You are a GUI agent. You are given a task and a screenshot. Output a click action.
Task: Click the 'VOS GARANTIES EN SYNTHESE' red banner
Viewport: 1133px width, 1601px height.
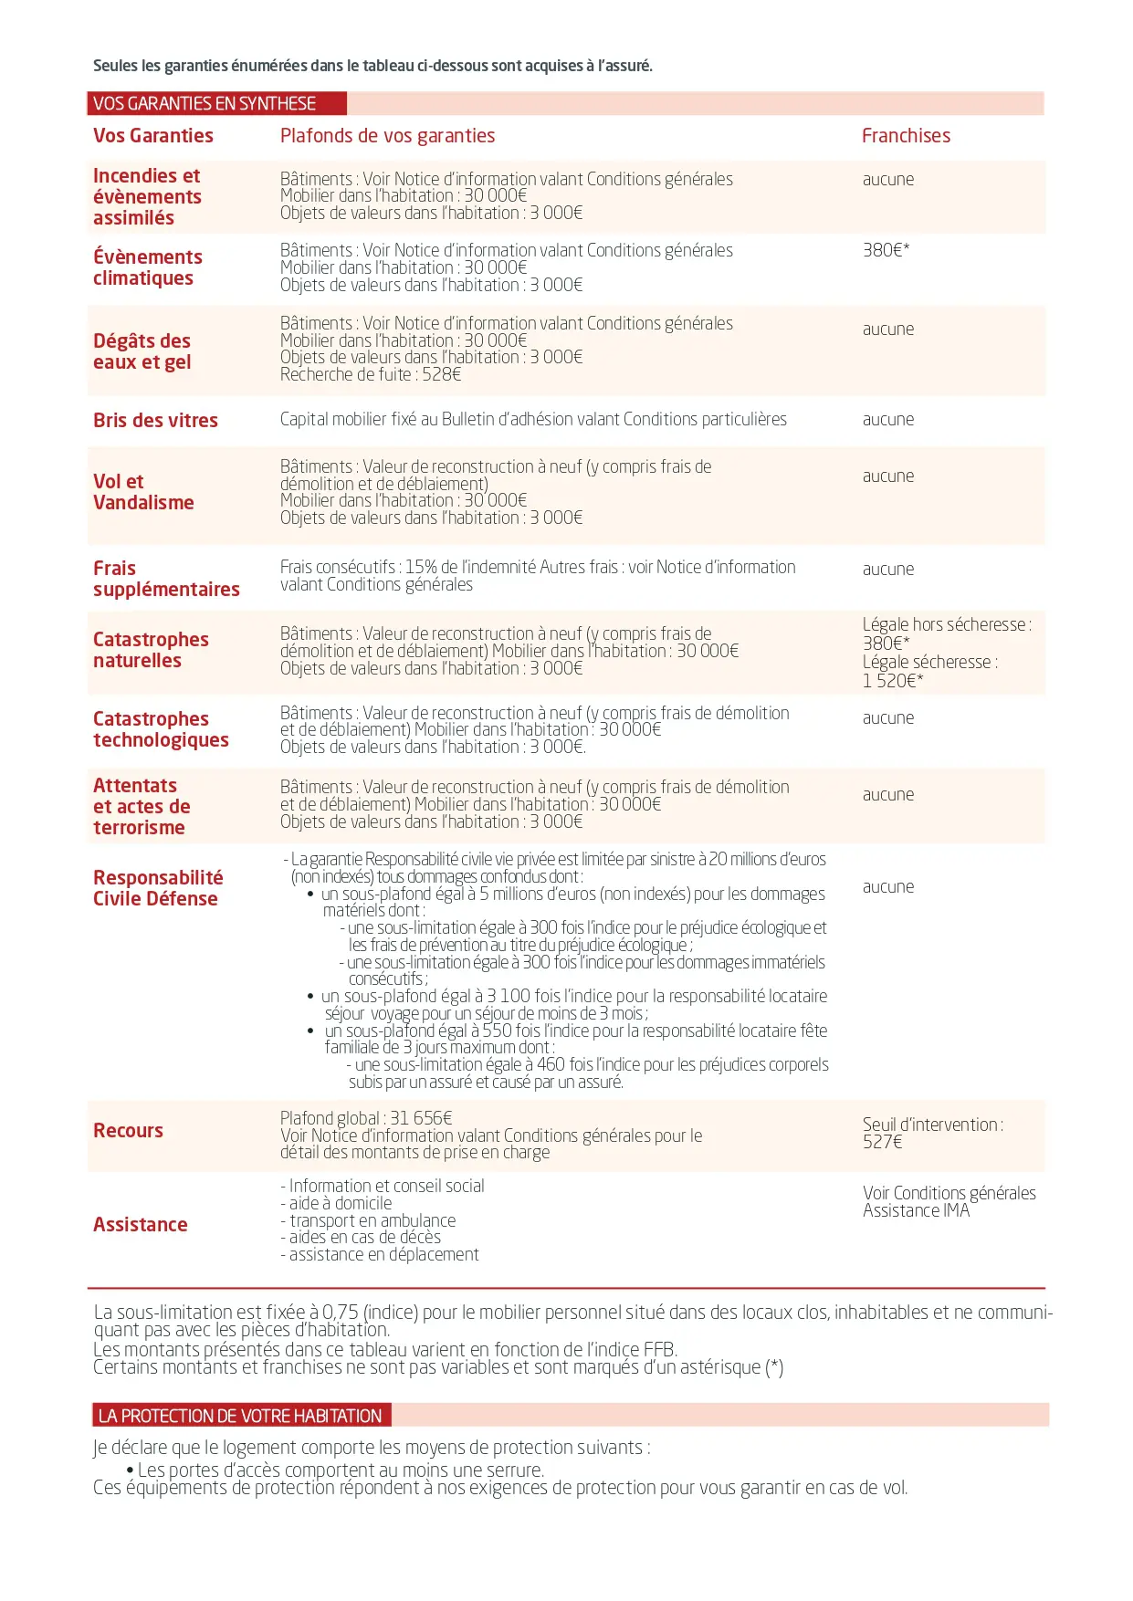coord(216,103)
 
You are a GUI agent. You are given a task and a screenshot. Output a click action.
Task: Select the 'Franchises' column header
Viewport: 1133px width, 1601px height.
coord(906,136)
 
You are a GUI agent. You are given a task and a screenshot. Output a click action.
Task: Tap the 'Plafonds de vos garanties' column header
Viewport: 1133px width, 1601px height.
coord(387,136)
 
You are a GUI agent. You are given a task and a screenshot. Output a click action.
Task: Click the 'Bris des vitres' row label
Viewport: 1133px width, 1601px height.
coord(155,421)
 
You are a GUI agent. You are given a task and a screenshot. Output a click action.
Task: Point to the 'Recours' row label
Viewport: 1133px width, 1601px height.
coord(128,1131)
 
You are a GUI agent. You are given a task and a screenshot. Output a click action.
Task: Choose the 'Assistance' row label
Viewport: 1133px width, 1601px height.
coord(140,1225)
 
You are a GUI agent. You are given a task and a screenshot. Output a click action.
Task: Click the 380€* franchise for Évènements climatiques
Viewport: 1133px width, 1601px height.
coord(886,250)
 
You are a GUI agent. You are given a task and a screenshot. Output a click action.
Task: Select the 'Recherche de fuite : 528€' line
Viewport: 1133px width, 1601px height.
coord(371,374)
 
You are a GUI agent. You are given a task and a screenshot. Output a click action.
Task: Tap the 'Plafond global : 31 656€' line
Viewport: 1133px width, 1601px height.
coord(366,1118)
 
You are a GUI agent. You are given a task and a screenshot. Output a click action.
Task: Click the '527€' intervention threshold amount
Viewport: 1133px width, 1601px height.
coord(882,1142)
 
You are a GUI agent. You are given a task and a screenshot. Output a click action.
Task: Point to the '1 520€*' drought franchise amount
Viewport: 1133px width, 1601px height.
coord(893,681)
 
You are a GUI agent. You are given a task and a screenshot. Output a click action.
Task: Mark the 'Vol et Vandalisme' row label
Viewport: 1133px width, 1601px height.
coord(143,492)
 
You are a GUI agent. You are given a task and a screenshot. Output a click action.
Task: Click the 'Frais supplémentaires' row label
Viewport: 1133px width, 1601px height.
coord(166,579)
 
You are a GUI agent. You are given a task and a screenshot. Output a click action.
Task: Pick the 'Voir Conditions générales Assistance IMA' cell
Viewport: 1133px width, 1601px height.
coord(949,1201)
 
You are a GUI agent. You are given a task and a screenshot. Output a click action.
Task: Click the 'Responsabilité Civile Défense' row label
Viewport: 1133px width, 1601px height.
coord(157,888)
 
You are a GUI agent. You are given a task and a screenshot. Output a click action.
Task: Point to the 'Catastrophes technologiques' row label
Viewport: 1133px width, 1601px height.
coord(161,729)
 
